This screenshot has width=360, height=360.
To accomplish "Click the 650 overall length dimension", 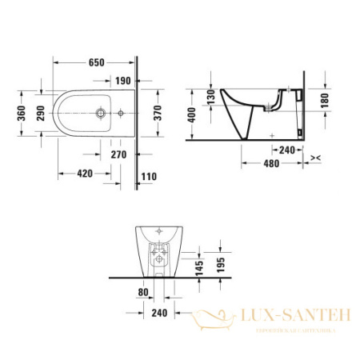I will (x=95, y=62).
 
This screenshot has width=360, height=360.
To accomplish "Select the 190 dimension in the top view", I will (x=124, y=80).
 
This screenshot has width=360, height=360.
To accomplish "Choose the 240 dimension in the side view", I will (x=288, y=150).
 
